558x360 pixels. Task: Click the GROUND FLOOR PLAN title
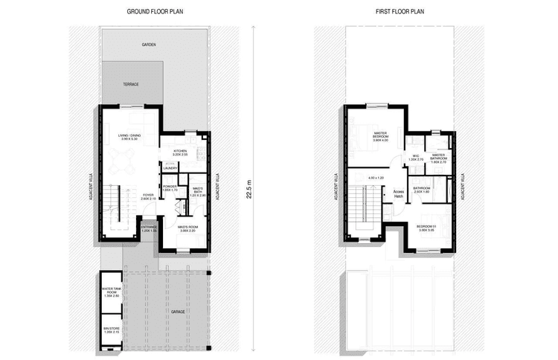click(154, 13)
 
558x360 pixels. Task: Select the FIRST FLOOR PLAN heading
click(398, 13)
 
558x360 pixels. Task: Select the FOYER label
click(148, 197)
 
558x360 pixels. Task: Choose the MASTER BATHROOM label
click(437, 157)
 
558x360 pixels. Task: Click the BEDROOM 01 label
click(426, 228)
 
